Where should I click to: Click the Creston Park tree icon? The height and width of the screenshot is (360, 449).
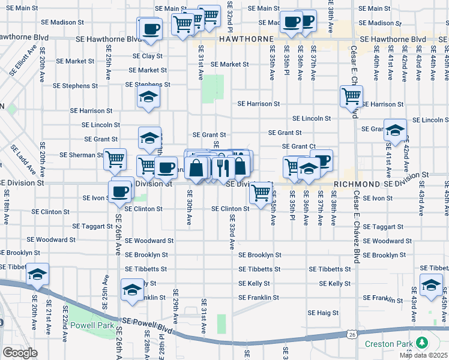423,343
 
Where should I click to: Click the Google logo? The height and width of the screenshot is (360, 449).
20,352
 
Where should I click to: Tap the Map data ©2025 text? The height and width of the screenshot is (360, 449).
423,355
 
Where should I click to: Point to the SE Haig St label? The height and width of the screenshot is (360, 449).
324,313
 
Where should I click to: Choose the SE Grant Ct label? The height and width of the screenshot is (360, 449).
299,146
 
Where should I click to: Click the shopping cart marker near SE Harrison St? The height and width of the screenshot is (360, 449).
351,96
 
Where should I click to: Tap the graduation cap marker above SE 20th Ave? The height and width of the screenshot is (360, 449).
38,275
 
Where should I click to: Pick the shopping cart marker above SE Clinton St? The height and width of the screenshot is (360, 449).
260,192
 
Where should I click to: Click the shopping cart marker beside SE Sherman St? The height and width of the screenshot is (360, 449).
115,160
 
